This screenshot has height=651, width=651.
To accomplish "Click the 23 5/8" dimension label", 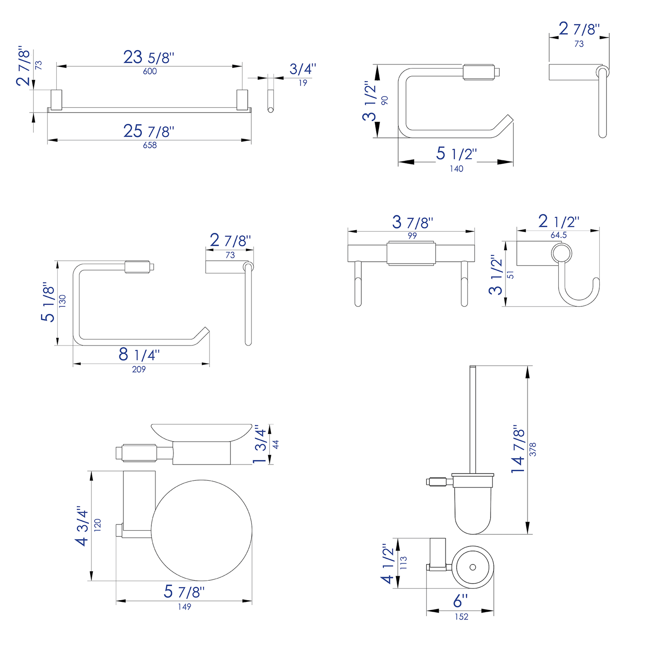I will (149, 58).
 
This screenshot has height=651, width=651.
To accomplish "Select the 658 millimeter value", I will (150, 145).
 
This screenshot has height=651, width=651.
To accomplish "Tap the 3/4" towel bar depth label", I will (303, 69).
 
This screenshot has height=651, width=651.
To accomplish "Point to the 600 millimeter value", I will (150, 71).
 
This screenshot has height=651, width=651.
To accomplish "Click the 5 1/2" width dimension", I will (456, 154).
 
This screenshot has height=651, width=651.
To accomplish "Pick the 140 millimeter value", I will (456, 168).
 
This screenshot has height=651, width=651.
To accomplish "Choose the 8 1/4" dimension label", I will (139, 355).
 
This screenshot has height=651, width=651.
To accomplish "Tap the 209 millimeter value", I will (139, 369).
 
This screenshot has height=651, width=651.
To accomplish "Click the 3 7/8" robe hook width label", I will (412, 222).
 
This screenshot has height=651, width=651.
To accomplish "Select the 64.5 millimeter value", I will (559, 235).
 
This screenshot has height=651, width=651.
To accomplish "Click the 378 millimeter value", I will (533, 450).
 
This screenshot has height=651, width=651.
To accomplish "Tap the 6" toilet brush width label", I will (460, 601).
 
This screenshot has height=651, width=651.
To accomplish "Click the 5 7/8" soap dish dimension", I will (184, 592).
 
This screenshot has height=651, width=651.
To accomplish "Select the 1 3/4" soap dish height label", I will (260, 444).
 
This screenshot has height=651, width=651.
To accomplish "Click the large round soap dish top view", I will (201, 531).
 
